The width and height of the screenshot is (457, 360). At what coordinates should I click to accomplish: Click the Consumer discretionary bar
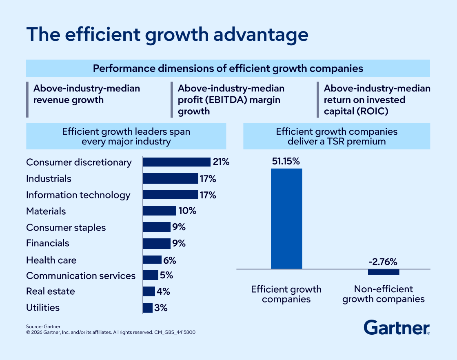click(176, 162)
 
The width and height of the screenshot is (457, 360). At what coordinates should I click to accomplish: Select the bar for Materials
click(160, 211)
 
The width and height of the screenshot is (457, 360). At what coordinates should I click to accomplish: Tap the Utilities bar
click(148, 308)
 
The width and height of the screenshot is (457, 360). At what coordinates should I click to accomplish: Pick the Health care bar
click(152, 260)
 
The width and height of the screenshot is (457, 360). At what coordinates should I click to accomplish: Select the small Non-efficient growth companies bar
click(383, 272)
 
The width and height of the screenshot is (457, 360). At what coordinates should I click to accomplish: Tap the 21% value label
click(221, 162)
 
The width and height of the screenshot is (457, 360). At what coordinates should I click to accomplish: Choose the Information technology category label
click(78, 195)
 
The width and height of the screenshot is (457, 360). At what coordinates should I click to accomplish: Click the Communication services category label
click(81, 276)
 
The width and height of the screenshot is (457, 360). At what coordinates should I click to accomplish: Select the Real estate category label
click(51, 291)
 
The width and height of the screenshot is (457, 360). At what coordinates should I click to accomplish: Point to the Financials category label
click(48, 243)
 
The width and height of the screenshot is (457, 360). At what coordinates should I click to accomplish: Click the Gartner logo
click(397, 327)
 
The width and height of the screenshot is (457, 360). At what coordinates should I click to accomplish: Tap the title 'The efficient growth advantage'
click(167, 35)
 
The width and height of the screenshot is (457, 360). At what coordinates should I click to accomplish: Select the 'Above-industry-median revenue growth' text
click(87, 94)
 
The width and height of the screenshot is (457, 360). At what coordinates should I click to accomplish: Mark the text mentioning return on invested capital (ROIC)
click(377, 100)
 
